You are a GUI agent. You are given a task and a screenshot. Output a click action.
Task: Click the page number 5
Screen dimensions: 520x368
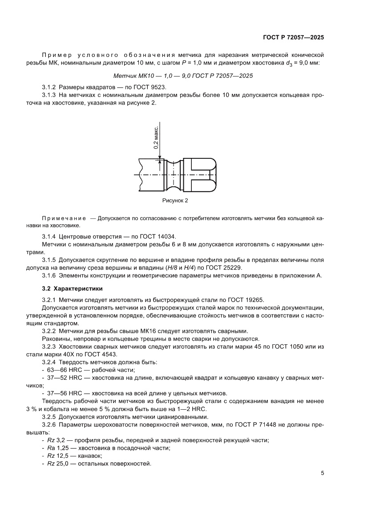point(322,473)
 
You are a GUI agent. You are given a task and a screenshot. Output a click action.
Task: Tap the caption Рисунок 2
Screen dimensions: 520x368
point(175,201)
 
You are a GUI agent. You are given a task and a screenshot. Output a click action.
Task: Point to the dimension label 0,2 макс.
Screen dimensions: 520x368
point(156,138)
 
